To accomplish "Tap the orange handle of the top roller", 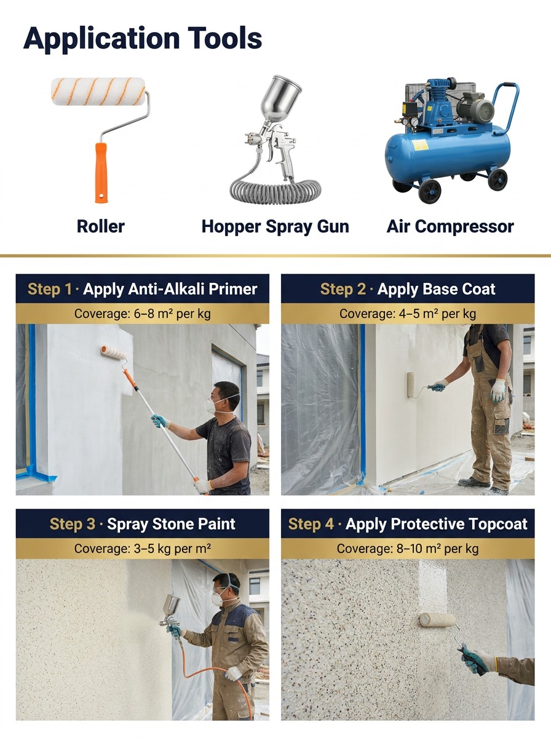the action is [x=101, y=173].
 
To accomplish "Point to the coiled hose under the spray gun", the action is [x=275, y=192].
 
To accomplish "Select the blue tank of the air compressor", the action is [x=448, y=152].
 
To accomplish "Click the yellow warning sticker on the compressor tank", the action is [x=420, y=145].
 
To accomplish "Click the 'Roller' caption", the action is [x=100, y=226].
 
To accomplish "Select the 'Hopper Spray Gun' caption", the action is [x=275, y=226].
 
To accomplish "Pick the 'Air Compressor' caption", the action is [x=450, y=226].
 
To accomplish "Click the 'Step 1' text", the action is [x=50, y=289].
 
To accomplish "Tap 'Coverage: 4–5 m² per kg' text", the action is [x=408, y=314].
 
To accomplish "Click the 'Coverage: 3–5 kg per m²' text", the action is [x=143, y=549].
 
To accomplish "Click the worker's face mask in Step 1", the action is [x=211, y=406].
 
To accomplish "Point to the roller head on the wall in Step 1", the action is [x=113, y=352].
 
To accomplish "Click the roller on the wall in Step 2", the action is [x=411, y=385].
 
